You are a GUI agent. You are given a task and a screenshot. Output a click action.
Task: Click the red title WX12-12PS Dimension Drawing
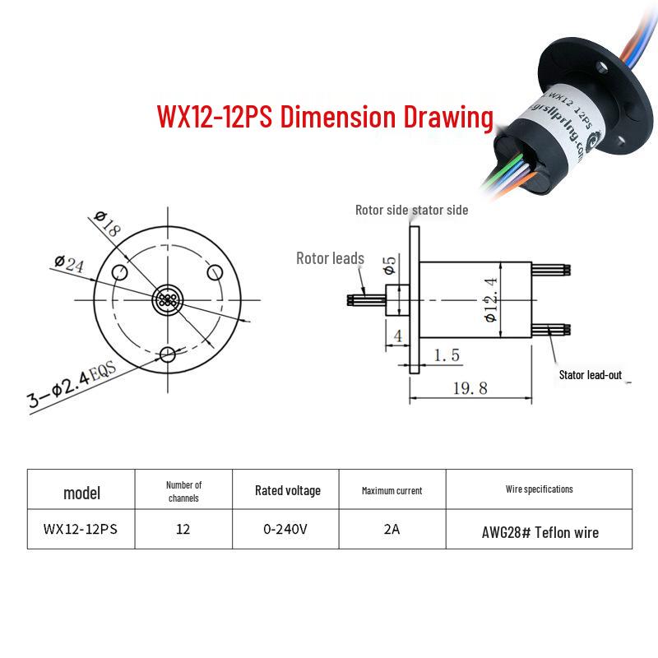click(325, 116)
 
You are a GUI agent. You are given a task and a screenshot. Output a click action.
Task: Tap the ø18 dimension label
click(108, 223)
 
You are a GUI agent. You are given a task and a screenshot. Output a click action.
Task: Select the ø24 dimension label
click(69, 263)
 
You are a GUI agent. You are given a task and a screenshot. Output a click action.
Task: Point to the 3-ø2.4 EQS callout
click(72, 384)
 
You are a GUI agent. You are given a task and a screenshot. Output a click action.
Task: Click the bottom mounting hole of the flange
click(168, 354)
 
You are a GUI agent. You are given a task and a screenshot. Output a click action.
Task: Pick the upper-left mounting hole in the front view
click(119, 272)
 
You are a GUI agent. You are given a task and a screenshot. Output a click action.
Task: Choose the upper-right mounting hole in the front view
click(215, 272)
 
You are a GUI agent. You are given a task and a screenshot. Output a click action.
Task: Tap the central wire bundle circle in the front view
click(168, 300)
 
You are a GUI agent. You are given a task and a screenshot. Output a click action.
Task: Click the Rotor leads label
click(330, 258)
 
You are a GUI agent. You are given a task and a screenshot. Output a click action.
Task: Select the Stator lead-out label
click(590, 375)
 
